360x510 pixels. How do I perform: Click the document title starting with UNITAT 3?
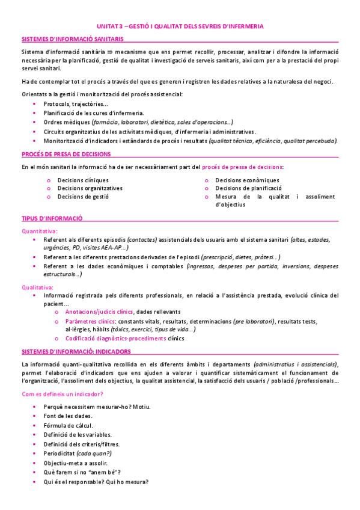pos(180,26)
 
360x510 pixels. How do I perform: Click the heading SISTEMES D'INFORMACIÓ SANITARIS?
pos(73,38)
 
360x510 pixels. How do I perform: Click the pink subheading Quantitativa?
pos(40,231)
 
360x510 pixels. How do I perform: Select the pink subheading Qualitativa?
pos(37,287)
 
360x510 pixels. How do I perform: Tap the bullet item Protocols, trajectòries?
pos(76,105)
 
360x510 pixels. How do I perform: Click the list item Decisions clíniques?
pos(83,180)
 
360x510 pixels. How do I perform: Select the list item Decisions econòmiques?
pos(246,180)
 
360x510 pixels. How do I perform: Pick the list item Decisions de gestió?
pos(83,196)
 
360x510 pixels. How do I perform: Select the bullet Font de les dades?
pos(67,416)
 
